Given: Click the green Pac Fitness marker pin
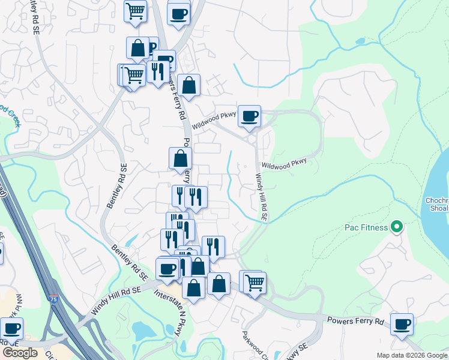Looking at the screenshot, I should coord(396,227).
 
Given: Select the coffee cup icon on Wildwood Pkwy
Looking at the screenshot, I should coord(249,115).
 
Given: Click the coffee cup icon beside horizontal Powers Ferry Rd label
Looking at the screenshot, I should coord(402,324).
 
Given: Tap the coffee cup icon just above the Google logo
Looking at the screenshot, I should coord(11,328).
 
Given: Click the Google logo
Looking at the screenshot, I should coord(19,353).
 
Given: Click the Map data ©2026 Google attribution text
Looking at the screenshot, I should coord(411,355).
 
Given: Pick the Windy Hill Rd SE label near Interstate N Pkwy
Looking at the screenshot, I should coord(115,299).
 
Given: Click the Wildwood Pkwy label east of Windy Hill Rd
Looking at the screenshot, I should coord(284,163).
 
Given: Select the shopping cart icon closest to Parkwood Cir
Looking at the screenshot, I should coord(255,281).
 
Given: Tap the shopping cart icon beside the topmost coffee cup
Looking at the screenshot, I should coord(136,10).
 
